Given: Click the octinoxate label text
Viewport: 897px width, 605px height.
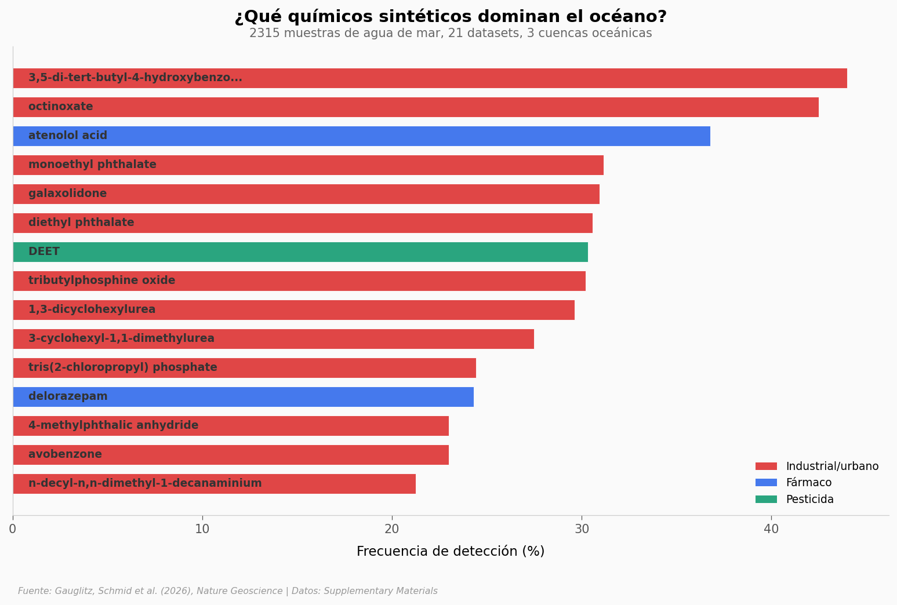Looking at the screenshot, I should [x=60, y=107].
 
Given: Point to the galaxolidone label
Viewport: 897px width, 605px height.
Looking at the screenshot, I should [x=67, y=194].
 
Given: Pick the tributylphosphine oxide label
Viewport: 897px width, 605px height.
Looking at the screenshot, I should [x=101, y=281].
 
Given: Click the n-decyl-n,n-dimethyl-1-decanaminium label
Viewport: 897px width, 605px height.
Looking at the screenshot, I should [x=145, y=484].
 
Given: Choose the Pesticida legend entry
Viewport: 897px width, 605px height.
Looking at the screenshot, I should [x=809, y=500].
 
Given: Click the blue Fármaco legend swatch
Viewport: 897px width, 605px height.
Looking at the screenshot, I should [x=766, y=483].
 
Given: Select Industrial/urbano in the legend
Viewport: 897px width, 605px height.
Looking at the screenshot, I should [x=831, y=466].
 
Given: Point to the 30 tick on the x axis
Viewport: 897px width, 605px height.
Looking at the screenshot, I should [x=582, y=529].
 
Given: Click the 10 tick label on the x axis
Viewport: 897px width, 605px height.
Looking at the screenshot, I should [x=202, y=529].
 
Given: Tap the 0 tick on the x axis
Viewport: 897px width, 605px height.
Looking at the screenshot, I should [x=13, y=529].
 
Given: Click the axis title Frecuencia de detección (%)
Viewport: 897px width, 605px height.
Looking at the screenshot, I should [x=451, y=552].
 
